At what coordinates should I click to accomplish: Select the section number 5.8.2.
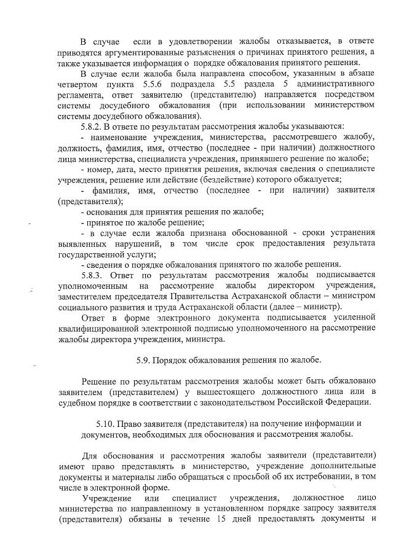(x=94, y=127)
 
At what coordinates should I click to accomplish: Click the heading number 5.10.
(x=109, y=423)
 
